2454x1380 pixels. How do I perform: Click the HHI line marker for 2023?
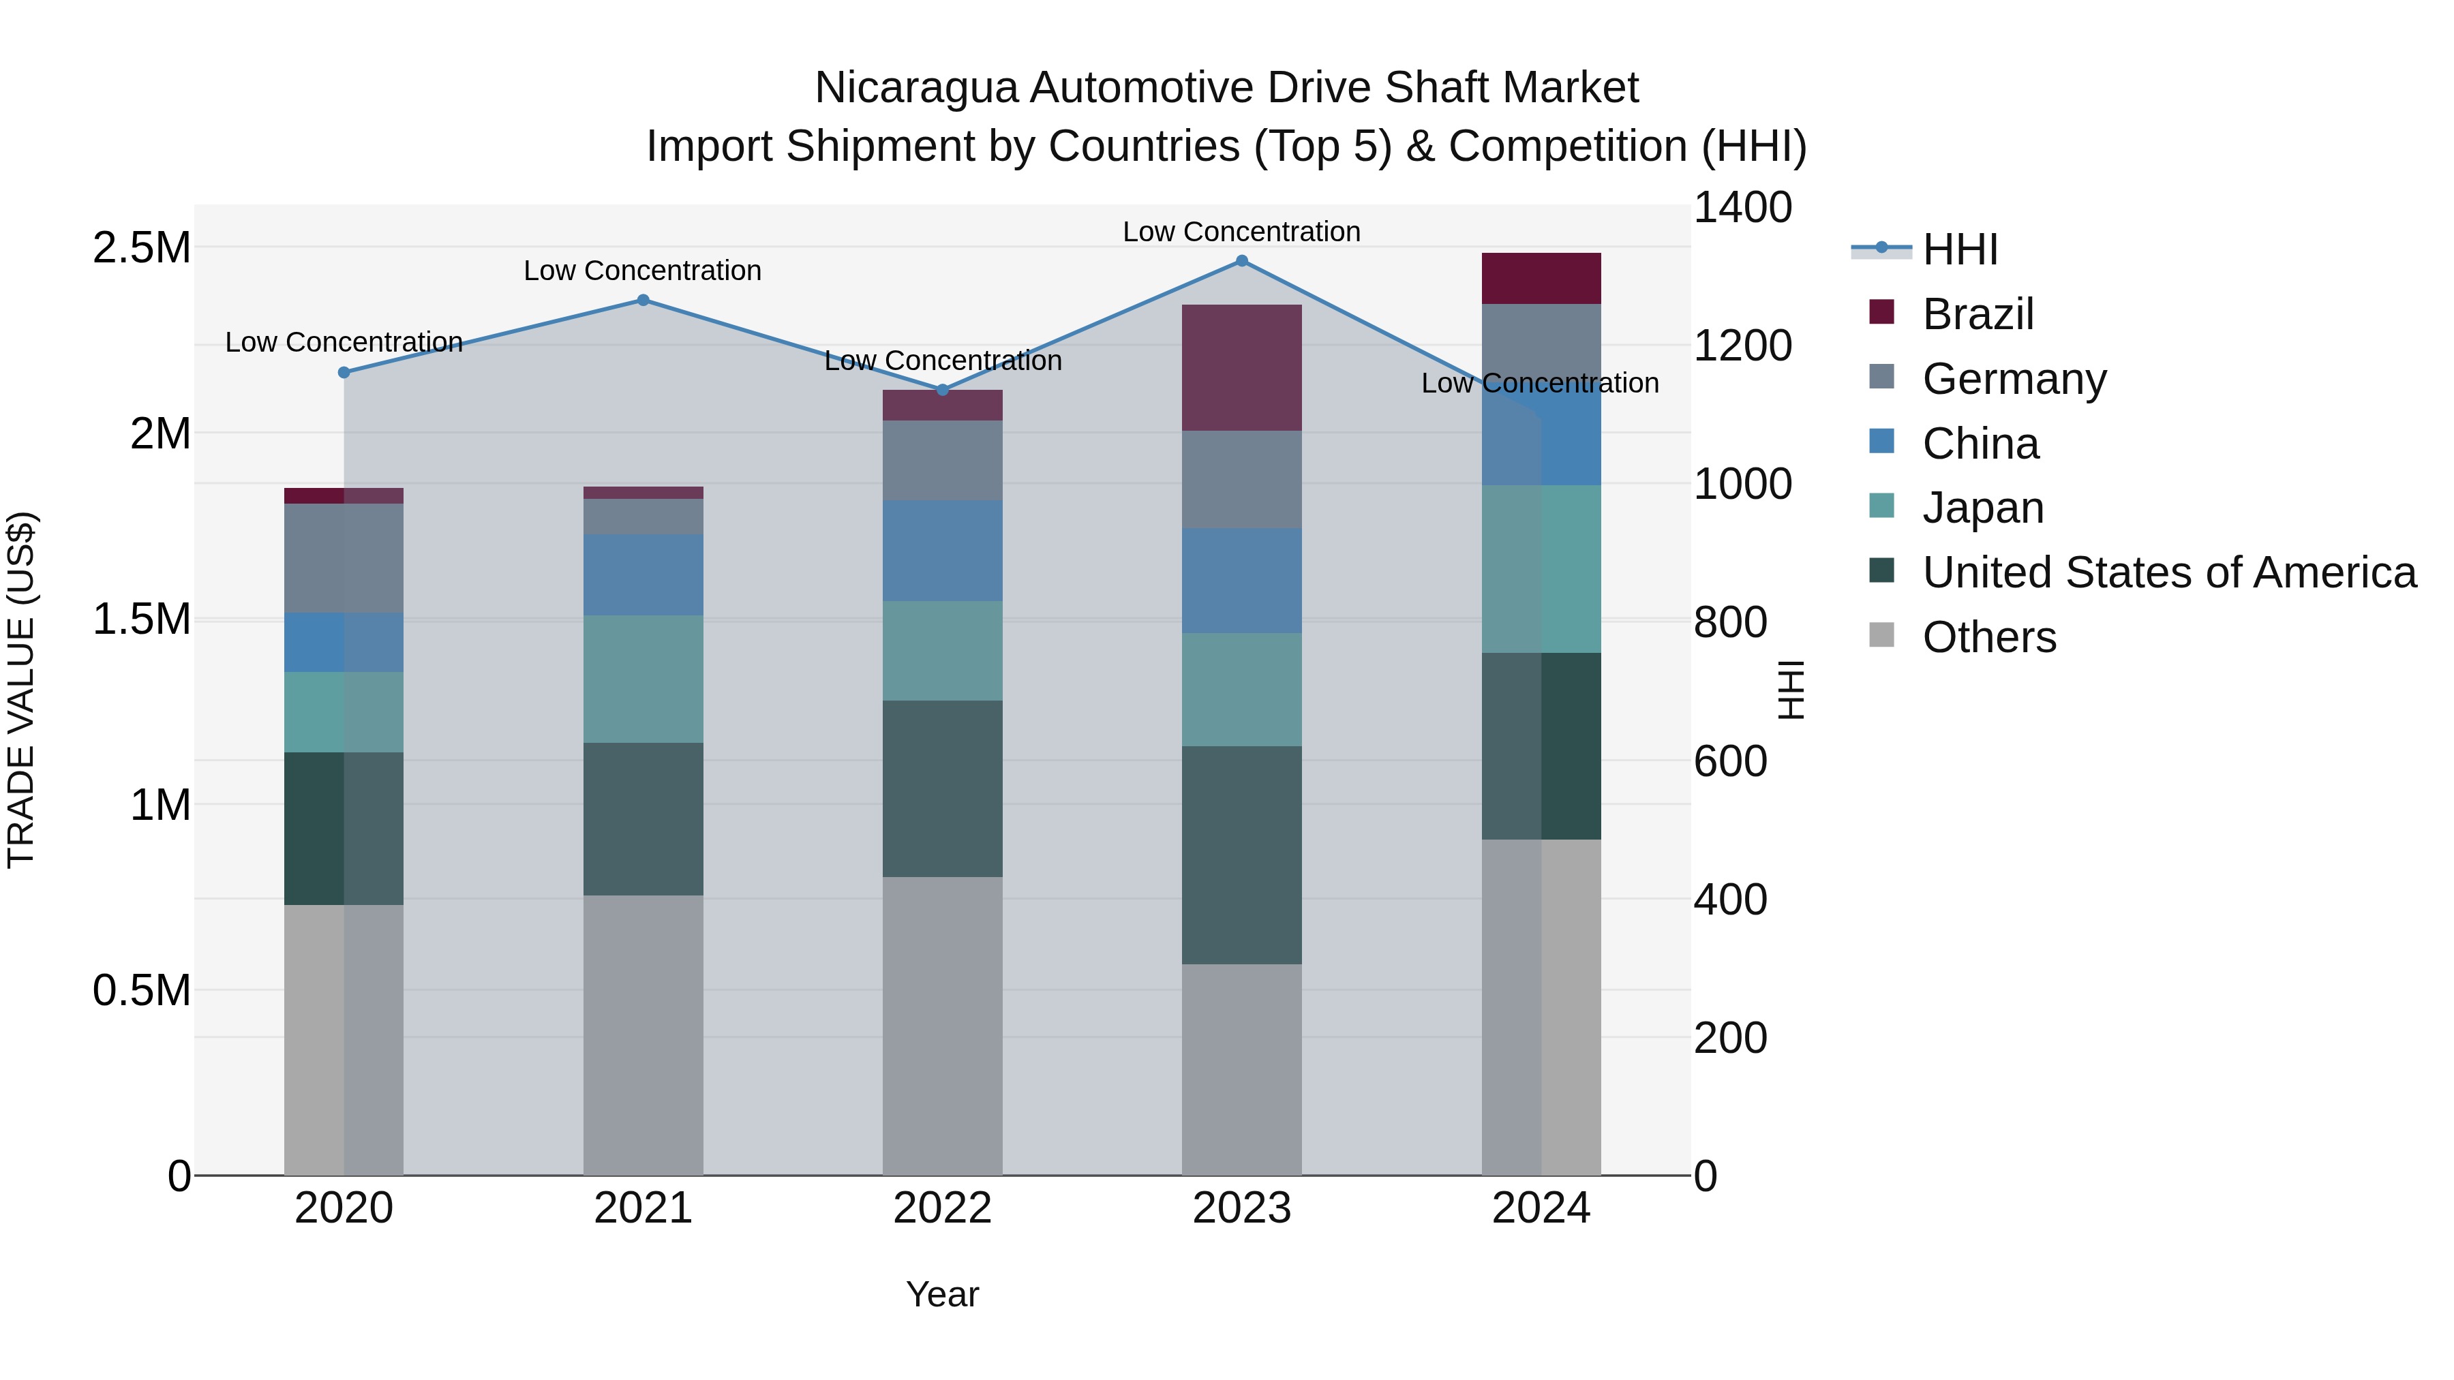(1241, 261)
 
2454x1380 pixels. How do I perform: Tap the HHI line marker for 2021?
(643, 300)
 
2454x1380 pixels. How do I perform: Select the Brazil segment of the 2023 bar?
(1241, 367)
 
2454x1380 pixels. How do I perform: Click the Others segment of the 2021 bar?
(643, 1034)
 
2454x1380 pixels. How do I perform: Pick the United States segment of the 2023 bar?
(1241, 855)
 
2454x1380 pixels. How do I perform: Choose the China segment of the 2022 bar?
(942, 551)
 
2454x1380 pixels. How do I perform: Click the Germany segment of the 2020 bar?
(344, 558)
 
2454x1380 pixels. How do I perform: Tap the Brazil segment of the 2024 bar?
(1541, 278)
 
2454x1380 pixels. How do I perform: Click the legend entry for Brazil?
(1977, 314)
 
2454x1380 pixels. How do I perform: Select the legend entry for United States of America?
(2168, 572)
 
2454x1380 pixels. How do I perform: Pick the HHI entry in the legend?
(1958, 249)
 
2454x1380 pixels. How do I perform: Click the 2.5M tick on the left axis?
(142, 247)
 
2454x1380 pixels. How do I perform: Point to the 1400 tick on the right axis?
(1742, 208)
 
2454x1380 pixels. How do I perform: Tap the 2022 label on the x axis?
(942, 1208)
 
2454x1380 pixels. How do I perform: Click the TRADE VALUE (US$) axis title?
(21, 690)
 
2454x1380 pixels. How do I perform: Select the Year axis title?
(942, 1294)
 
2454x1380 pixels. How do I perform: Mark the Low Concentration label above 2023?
(1241, 232)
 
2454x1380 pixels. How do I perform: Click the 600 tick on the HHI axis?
(1730, 761)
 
